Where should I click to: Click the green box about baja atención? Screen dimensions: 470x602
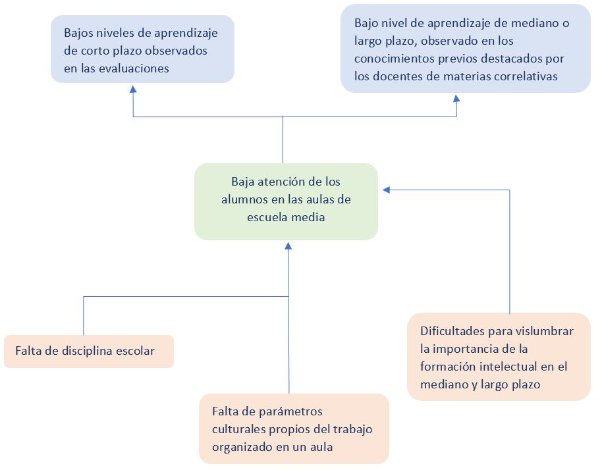tap(286, 201)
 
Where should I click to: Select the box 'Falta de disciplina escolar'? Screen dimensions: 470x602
tap(89, 351)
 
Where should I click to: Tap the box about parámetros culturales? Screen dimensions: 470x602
tap(294, 429)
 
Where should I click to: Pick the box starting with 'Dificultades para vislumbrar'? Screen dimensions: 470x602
tap(498, 357)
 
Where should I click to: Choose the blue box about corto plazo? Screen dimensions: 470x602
tap(143, 49)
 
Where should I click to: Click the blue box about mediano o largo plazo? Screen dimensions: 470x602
tap(465, 49)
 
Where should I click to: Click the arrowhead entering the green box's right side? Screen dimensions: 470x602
tap(387, 190)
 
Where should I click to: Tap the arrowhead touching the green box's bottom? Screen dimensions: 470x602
tap(288, 246)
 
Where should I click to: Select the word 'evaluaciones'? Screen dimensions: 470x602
tap(136, 68)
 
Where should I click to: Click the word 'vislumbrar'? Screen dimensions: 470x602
tap(545, 330)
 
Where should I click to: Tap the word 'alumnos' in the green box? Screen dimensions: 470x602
tap(242, 199)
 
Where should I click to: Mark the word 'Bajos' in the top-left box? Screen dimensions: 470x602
tap(79, 32)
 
